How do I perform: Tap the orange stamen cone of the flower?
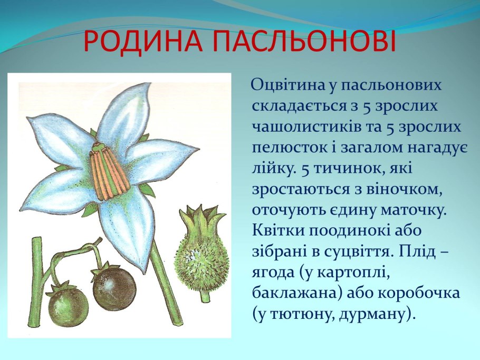[x=109, y=170]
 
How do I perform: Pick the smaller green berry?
[x=69, y=304]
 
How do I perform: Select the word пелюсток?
[x=290, y=148]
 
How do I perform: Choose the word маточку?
[x=407, y=210]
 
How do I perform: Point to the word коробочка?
[x=419, y=294]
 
